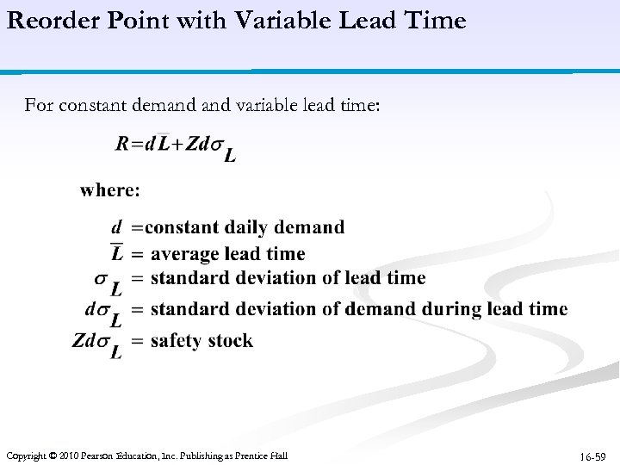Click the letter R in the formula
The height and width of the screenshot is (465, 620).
coord(121,144)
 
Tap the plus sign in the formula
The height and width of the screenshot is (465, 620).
coord(177,145)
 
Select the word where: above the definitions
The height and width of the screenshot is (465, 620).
coord(110,189)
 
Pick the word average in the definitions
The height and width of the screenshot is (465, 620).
coord(185,254)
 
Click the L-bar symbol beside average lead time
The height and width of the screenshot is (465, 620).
coord(116,253)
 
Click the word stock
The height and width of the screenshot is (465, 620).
coord(230,341)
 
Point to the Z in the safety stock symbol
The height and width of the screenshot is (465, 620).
coord(78,340)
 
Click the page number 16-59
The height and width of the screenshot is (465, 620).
coord(593,456)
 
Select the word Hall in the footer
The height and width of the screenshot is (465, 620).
coord(277,456)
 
